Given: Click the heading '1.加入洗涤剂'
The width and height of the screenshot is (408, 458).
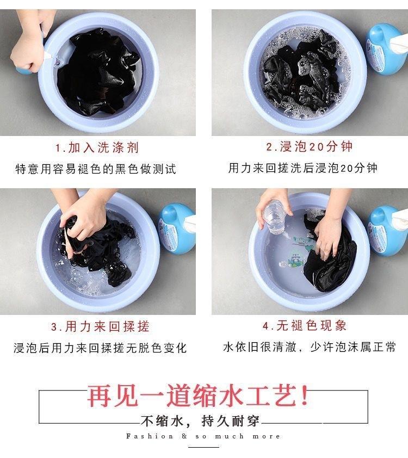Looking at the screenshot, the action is [x=97, y=147].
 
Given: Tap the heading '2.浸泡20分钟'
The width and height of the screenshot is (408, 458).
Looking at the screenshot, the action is [x=310, y=146].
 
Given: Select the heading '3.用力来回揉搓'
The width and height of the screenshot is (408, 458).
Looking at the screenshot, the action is [x=100, y=326].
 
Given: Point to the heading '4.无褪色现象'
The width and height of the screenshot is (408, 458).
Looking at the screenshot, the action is [x=304, y=325].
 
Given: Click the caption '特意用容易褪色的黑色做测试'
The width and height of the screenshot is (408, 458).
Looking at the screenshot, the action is [x=96, y=169].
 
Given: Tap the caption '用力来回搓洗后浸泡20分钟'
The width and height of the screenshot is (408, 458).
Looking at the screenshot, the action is [x=303, y=168].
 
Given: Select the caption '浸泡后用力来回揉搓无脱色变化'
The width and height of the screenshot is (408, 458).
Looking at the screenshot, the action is [x=100, y=348].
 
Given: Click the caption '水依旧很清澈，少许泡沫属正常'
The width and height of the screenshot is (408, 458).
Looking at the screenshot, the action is [x=310, y=346].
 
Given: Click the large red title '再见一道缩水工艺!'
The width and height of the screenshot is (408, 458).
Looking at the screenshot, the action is [x=198, y=395].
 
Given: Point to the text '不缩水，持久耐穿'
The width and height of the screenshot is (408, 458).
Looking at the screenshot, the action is [x=200, y=421].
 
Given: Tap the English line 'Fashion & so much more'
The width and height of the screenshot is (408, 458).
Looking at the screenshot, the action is [x=203, y=436].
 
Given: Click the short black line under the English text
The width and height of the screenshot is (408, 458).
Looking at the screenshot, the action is [x=203, y=447].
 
